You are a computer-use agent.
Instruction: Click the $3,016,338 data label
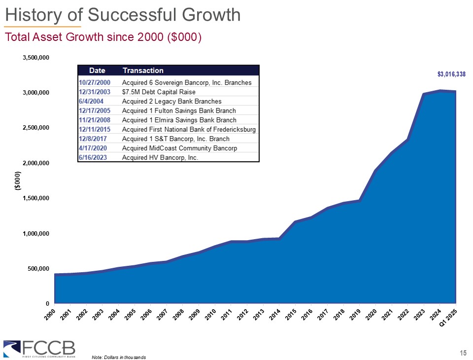(451, 74)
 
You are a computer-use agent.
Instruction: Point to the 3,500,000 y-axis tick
(36, 58)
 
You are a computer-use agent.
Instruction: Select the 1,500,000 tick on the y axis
(36, 198)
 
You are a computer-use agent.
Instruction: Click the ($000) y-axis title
(17, 180)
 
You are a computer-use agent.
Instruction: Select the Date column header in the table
(97, 71)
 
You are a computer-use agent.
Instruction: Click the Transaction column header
(143, 71)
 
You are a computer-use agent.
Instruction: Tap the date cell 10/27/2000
(95, 82)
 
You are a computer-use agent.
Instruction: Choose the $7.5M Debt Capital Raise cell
(159, 92)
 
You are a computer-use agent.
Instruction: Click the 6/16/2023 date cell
(93, 157)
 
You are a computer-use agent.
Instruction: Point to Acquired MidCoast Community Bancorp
(180, 148)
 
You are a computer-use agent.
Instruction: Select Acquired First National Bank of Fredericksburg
(189, 129)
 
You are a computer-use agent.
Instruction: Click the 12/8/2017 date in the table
(93, 139)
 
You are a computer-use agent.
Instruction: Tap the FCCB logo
(39, 348)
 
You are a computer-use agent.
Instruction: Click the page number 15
(463, 352)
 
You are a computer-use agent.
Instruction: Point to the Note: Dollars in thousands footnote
(119, 357)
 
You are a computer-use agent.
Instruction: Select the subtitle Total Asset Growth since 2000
(103, 37)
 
